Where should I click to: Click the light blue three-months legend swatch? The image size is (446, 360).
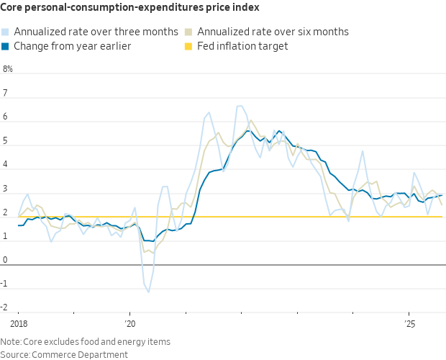point(6,32)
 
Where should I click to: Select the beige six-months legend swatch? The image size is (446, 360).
point(190,32)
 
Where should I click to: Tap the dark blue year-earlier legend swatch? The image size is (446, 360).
point(6,46)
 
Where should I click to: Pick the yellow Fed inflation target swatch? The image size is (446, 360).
point(190,46)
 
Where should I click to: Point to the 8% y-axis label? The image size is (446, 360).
point(8,70)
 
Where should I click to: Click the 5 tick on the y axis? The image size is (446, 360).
point(6,141)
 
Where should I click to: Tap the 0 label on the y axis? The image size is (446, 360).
point(6,260)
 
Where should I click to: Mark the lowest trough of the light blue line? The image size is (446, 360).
point(148,292)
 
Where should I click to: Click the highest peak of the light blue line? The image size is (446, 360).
point(240,106)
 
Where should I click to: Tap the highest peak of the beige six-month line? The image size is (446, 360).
point(250,120)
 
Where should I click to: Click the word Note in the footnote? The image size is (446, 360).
point(11,341)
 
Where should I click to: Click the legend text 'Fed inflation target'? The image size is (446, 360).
point(242,46)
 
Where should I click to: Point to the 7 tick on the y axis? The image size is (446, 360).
point(6,94)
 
